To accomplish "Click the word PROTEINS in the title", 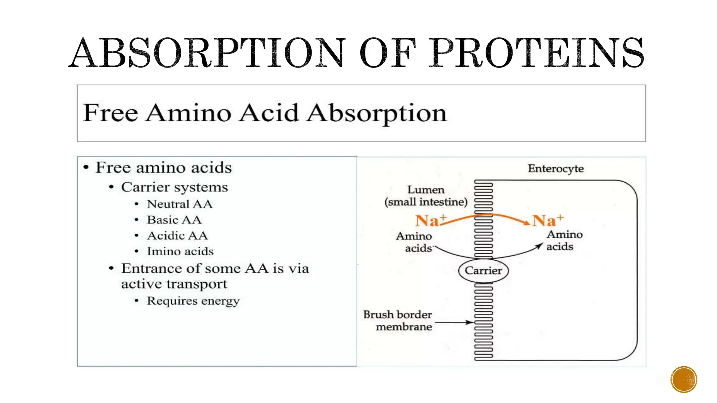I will pyautogui.click(x=537, y=53).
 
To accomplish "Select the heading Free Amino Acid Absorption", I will pyautogui.click(x=265, y=113).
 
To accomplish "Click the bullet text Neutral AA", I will pyautogui.click(x=180, y=204).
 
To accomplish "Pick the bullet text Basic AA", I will pyautogui.click(x=174, y=220).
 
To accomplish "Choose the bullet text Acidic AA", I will pyautogui.click(x=177, y=235).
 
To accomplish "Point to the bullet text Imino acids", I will pyautogui.click(x=180, y=251).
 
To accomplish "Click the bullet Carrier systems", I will pyautogui.click(x=174, y=187).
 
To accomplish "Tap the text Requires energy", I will pyautogui.click(x=193, y=301).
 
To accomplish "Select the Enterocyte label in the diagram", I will pyautogui.click(x=556, y=169).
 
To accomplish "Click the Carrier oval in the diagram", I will pyautogui.click(x=483, y=270).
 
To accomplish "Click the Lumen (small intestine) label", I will pyautogui.click(x=426, y=196).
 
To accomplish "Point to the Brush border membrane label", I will pyautogui.click(x=398, y=320).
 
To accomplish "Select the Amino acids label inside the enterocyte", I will pyautogui.click(x=564, y=240).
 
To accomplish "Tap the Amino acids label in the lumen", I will pyautogui.click(x=415, y=242).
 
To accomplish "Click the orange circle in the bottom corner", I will pyautogui.click(x=684, y=379).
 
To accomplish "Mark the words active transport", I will pyautogui.click(x=174, y=284).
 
